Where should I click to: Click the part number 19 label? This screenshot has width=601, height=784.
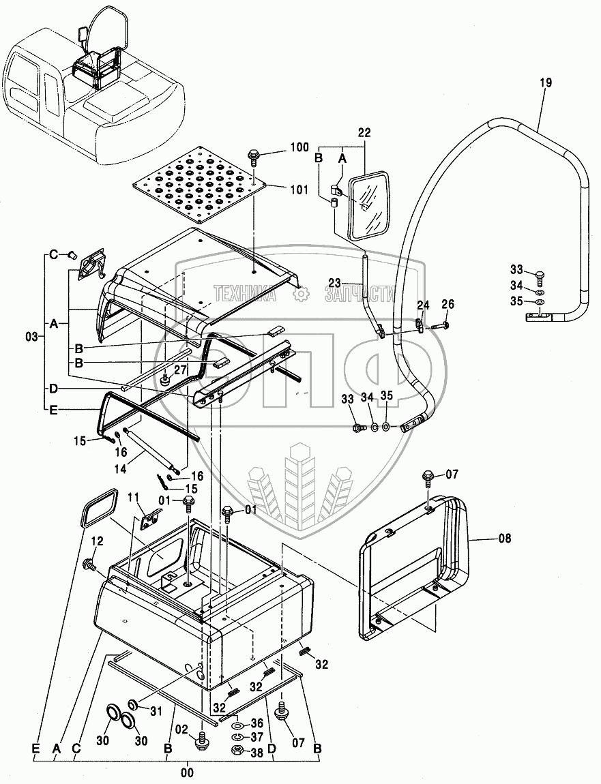point(546,82)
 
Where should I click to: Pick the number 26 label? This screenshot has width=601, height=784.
point(448,304)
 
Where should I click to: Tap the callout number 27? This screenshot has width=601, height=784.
point(179,370)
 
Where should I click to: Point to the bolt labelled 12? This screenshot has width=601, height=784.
point(89,564)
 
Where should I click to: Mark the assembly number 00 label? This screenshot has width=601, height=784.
point(188,772)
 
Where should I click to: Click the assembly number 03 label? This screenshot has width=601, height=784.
point(31,337)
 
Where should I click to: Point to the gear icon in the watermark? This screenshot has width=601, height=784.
point(299,294)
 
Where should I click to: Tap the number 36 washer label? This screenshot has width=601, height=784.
point(256,724)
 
